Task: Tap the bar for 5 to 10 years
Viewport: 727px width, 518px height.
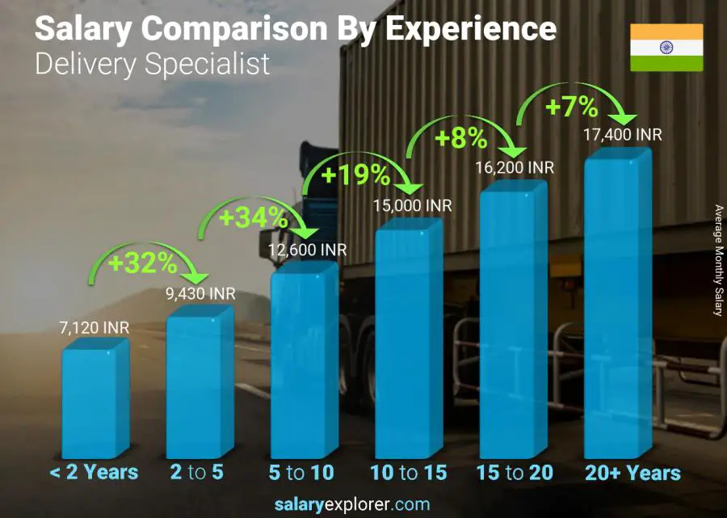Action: point(303,362)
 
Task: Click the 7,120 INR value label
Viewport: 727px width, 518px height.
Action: point(95,328)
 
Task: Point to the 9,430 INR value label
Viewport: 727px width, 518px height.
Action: point(200,293)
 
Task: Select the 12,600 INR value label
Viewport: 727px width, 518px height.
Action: point(308,251)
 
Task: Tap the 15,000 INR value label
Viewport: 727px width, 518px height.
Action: point(413,206)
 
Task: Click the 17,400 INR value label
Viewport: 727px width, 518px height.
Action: point(622,135)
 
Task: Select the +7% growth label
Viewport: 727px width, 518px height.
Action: point(571,107)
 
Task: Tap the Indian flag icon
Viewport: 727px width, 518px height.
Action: point(666,48)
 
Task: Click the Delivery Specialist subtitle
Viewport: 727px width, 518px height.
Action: point(152,64)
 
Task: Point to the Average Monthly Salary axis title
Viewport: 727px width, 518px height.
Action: point(718,260)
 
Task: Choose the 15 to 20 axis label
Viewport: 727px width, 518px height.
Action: point(514,473)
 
